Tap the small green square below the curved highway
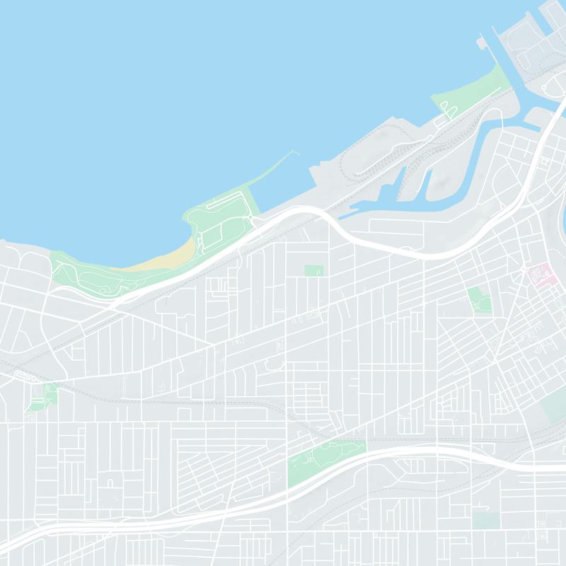[x=313, y=270]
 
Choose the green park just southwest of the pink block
[x=479, y=299]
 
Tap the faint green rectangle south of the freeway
[x=486, y=520]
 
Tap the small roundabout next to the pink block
[x=524, y=271]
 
